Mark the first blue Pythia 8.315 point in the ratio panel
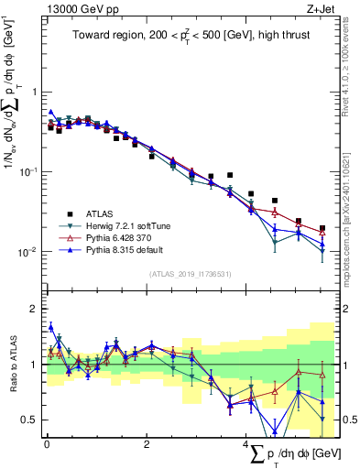pyautogui.click(x=50, y=326)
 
